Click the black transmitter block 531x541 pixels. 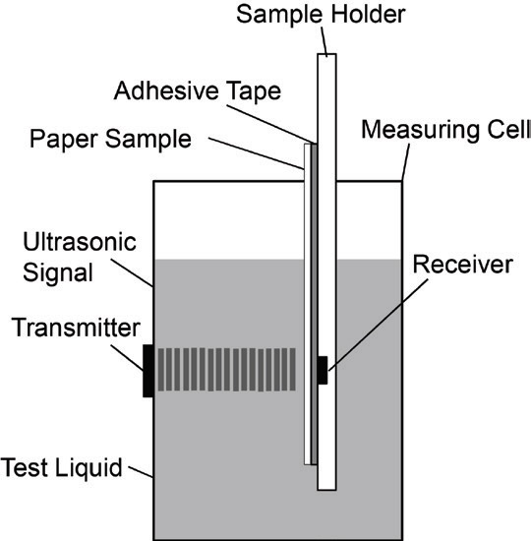(x=148, y=371)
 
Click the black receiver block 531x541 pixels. (x=323, y=370)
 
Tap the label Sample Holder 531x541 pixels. (x=321, y=14)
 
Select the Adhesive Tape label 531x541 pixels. (x=198, y=91)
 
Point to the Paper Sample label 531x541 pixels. (x=110, y=139)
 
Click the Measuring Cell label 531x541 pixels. (x=445, y=130)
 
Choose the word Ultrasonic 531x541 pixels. (x=80, y=242)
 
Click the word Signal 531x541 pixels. (x=58, y=272)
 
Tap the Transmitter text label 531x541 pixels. (x=76, y=328)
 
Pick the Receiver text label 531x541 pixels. (x=463, y=265)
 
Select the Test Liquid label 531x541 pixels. (x=61, y=467)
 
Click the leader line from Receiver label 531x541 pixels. (x=379, y=325)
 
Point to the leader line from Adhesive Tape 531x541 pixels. (x=271, y=124)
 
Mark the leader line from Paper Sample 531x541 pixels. (x=257, y=153)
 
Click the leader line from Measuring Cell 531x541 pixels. (x=406, y=162)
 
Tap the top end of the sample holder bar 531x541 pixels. (x=326, y=54)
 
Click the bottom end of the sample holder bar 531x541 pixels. (x=326, y=489)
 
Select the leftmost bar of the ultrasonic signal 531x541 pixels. (x=161, y=370)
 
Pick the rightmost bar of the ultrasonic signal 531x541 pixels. (x=293, y=370)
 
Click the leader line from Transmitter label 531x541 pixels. (x=127, y=358)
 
